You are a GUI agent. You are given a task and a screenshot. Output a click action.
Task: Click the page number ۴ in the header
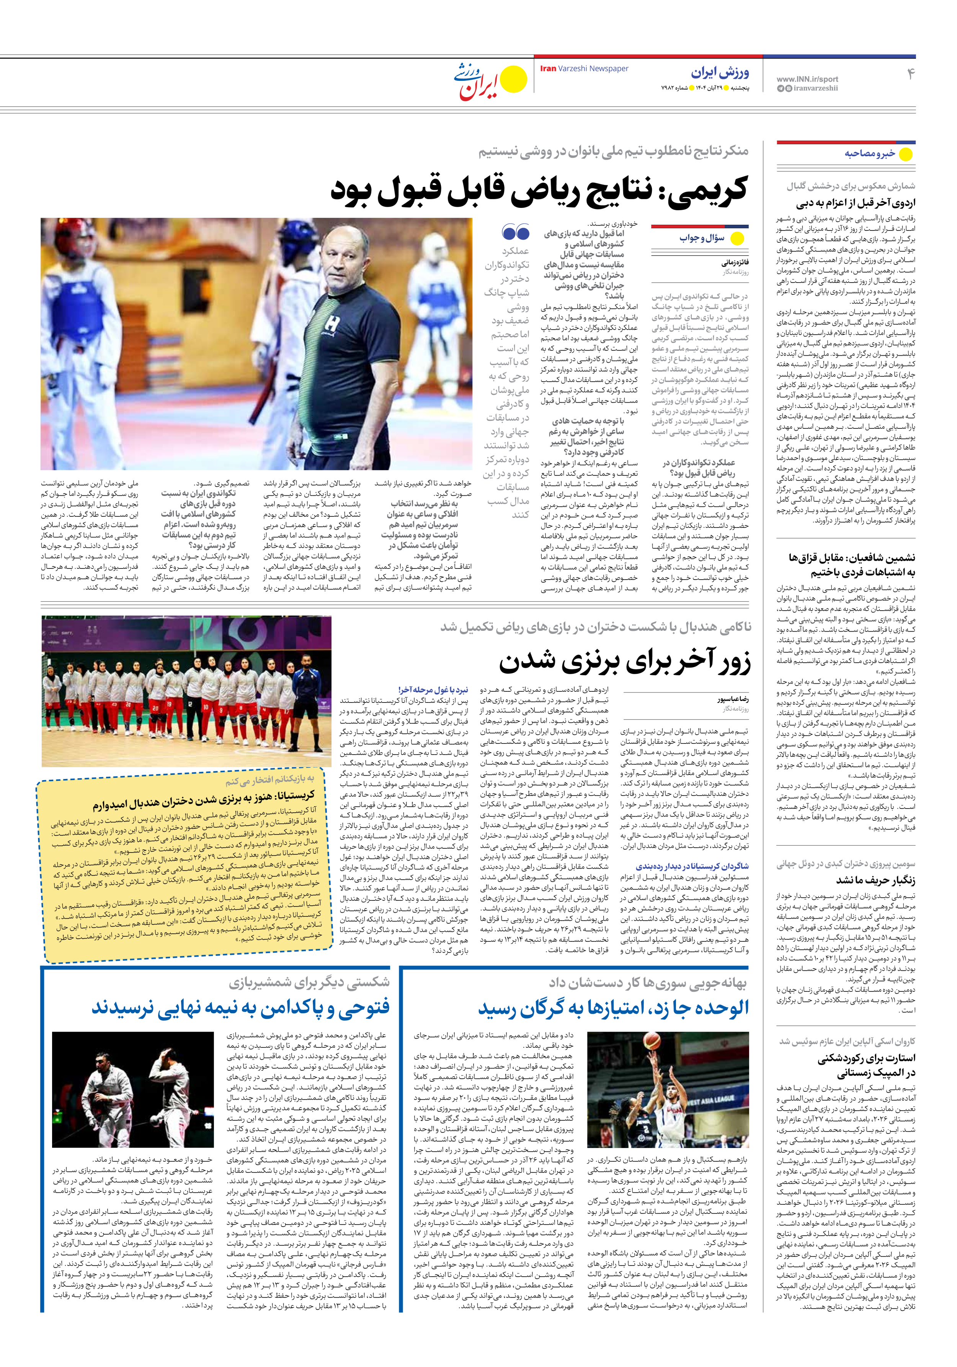910,74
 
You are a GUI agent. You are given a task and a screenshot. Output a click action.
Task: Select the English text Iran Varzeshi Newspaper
584,69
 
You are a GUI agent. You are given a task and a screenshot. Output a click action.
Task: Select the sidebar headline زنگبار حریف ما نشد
875,880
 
